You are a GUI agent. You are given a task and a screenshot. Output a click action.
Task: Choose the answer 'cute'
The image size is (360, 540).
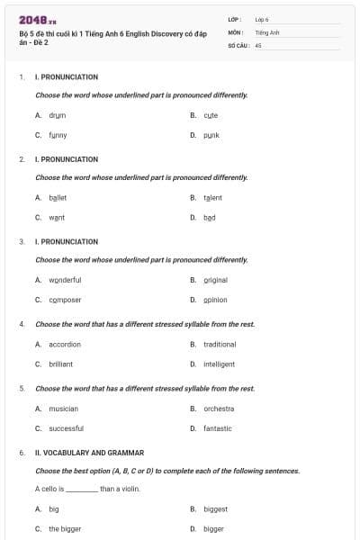pyautogui.click(x=211, y=115)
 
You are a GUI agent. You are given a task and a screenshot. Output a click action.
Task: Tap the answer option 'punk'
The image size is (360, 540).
pyautogui.click(x=211, y=135)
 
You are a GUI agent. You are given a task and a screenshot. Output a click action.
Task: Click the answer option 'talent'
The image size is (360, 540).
pyautogui.click(x=212, y=197)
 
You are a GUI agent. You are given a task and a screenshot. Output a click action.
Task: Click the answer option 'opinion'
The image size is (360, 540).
pyautogui.click(x=215, y=300)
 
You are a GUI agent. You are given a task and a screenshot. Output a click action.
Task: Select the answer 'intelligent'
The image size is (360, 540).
pyautogui.click(x=219, y=364)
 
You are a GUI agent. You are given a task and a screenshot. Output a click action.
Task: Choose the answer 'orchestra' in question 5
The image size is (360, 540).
pyautogui.click(x=219, y=408)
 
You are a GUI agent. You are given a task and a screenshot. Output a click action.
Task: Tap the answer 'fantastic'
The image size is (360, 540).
pyautogui.click(x=217, y=428)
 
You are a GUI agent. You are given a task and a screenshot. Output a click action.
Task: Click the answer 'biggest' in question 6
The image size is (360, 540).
pyautogui.click(x=215, y=508)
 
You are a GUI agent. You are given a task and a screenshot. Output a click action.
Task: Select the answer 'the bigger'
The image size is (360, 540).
pyautogui.click(x=65, y=528)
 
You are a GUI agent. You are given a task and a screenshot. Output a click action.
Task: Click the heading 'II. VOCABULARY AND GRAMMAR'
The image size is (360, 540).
pyautogui.click(x=89, y=452)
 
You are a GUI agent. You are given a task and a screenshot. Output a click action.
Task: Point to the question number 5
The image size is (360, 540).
pyautogui.click(x=22, y=388)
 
